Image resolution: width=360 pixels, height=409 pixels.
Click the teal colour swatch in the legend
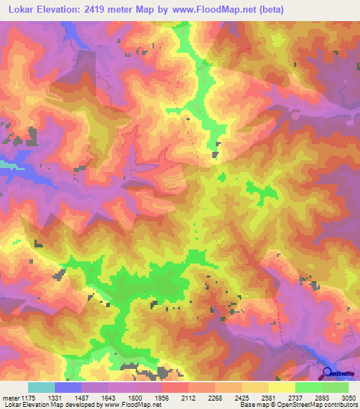coord(41,387)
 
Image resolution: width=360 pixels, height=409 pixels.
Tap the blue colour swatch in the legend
coord(67,387)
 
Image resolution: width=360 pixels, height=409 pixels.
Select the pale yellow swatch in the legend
coord(281,387)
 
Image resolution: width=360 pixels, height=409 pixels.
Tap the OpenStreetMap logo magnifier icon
coord(326,374)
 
